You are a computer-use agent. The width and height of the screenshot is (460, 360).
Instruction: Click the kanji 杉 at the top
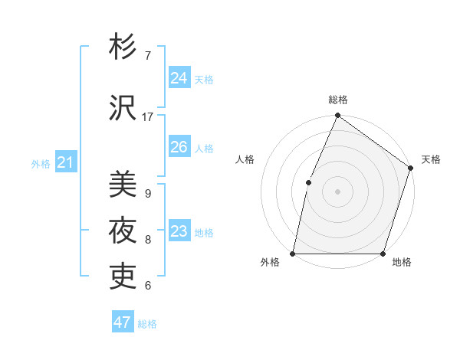click(123, 47)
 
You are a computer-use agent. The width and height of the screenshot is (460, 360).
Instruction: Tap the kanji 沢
click(123, 108)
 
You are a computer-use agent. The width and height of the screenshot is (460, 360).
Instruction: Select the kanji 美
click(123, 185)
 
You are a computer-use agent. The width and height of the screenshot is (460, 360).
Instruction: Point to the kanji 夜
click(123, 231)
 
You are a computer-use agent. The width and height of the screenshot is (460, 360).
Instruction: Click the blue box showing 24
click(179, 77)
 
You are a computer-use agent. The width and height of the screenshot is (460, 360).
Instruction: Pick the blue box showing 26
click(179, 147)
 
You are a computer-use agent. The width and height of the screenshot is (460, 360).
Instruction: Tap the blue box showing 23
click(179, 231)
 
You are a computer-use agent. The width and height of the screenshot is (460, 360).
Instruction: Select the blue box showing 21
click(65, 162)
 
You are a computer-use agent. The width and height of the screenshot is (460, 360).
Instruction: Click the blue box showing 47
click(123, 322)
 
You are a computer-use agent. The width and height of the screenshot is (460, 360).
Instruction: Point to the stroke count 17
click(148, 117)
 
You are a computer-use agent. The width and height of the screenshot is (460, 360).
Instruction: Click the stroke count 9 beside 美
click(147, 194)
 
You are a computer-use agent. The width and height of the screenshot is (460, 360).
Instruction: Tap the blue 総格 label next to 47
click(147, 324)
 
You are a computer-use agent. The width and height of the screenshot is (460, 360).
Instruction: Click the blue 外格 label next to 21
click(41, 164)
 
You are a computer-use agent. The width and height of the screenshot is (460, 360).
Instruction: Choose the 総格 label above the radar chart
click(338, 100)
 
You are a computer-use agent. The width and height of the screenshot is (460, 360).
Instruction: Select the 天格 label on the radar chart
click(431, 159)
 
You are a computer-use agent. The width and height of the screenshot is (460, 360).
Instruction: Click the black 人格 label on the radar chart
click(245, 159)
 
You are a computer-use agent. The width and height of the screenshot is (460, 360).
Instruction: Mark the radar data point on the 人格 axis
click(308, 182)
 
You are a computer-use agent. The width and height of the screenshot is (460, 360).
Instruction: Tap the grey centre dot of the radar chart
click(337, 191)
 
